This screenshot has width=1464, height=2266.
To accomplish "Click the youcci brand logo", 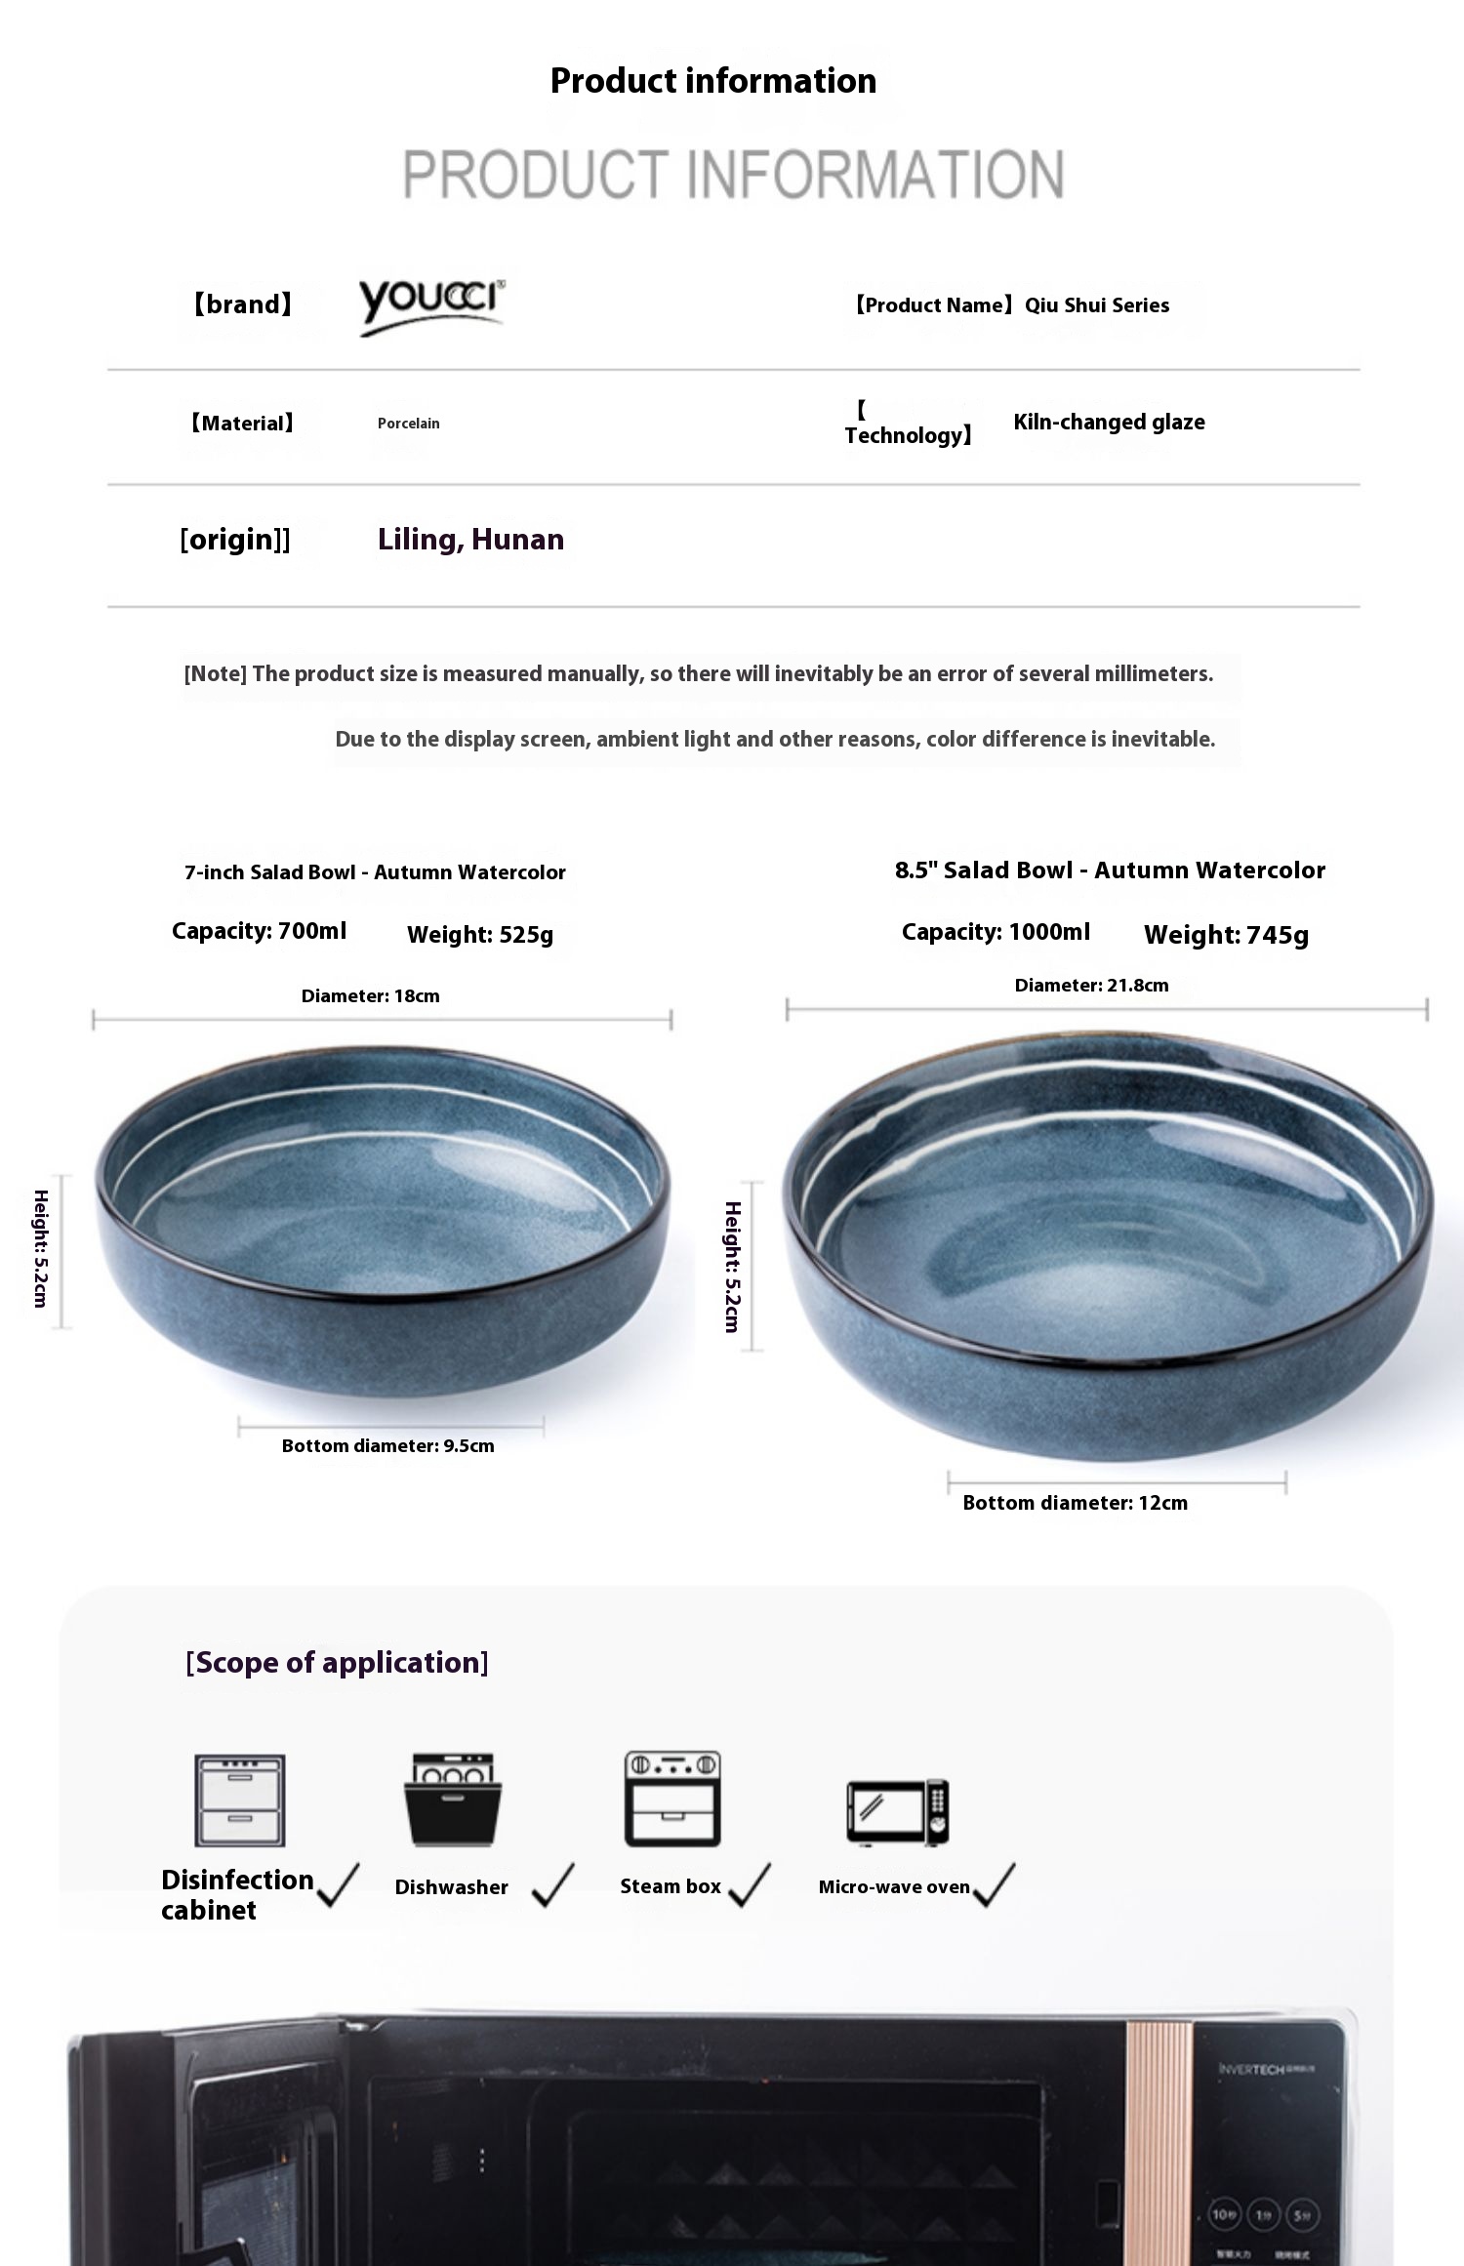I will point(430,304).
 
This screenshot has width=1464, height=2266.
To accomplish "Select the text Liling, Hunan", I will point(470,540).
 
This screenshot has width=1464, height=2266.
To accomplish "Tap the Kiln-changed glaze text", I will point(1109,423).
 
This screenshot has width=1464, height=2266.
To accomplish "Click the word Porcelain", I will point(408,424).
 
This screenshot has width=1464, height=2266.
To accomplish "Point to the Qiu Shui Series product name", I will point(1096,305).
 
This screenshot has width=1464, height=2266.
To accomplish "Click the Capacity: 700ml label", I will point(259,931).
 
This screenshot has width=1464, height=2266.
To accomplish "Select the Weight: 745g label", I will point(1226,935).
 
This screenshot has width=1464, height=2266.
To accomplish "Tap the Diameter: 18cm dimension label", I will point(370,996).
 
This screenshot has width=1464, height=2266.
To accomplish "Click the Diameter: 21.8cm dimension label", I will point(1091,986).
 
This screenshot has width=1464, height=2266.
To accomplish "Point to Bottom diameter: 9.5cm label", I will point(387,1446).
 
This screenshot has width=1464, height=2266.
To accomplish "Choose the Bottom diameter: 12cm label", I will point(1075,1503).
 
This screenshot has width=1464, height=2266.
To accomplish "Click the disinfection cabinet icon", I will point(240,1801).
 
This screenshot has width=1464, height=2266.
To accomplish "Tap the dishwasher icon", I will point(453,1801).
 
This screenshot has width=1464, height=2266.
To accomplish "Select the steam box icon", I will point(672,1799).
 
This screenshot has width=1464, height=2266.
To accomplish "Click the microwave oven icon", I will point(897,1812).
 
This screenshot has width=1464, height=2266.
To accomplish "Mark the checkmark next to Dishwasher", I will point(553,1884).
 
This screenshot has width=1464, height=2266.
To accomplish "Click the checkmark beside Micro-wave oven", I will point(995,1884).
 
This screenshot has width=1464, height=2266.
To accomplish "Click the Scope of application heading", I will point(337,1663).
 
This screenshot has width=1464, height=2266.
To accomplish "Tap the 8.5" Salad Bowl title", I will point(1110,870).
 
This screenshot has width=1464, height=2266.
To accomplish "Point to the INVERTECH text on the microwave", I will point(1249,2068).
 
